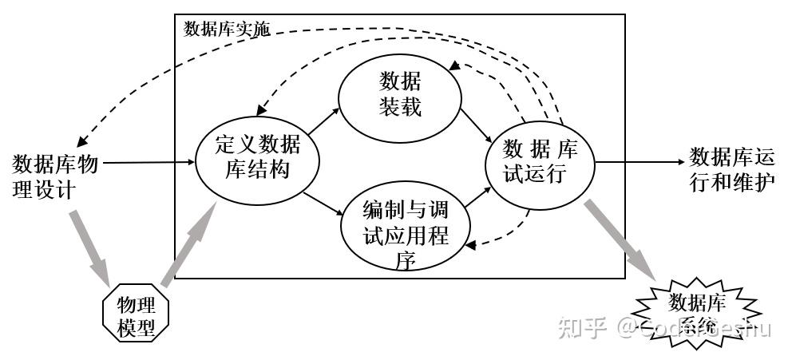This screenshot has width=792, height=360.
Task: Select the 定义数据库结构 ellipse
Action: [258, 157]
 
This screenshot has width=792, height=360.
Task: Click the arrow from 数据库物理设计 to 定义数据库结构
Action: [148, 162]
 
